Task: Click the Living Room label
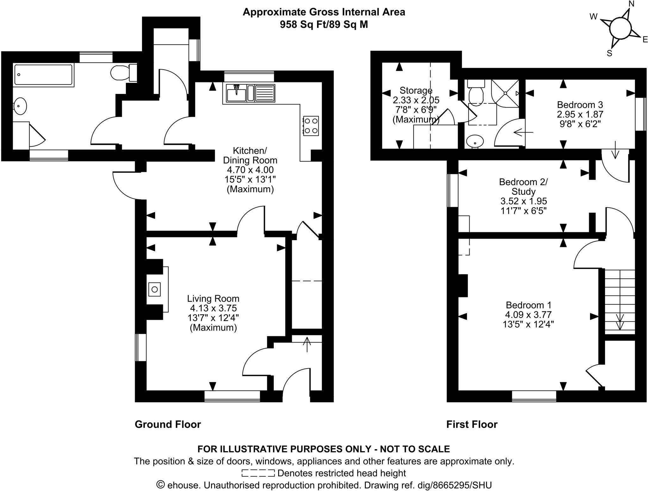click(213, 299)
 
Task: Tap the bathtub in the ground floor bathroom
click(44, 75)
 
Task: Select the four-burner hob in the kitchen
click(311, 126)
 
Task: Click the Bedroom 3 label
click(580, 105)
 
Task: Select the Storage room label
click(416, 91)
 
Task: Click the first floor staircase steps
click(620, 301)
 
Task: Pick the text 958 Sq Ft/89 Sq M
click(324, 25)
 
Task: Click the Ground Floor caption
click(168, 424)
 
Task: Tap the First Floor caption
click(471, 424)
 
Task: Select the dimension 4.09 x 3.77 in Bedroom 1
click(528, 315)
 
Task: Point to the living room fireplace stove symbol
click(155, 289)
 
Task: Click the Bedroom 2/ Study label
click(523, 187)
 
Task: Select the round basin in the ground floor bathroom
click(20, 106)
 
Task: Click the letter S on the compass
click(609, 54)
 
